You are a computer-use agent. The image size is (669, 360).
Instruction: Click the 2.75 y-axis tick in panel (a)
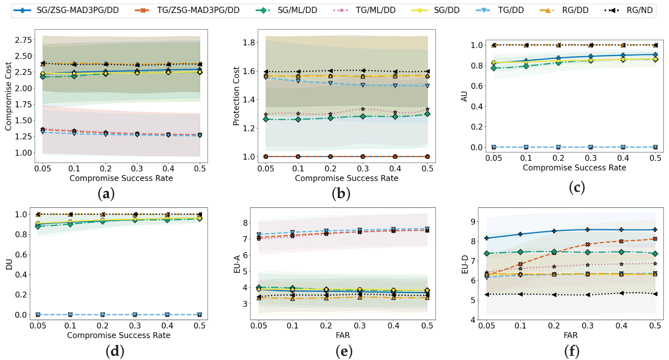(23, 40)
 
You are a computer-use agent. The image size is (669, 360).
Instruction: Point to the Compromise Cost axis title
(8, 96)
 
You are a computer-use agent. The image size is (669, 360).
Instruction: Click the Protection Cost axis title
(236, 96)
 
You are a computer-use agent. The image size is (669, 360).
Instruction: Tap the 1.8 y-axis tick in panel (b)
(249, 42)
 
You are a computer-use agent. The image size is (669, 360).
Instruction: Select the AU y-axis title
(464, 96)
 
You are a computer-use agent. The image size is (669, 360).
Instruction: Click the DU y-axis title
(9, 264)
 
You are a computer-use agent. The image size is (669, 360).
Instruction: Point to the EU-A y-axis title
(237, 264)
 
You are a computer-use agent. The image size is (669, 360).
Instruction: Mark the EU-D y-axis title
(465, 264)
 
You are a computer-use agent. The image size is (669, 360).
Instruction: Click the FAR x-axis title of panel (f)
(570, 335)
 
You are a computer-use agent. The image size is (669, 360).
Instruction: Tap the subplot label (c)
(577, 187)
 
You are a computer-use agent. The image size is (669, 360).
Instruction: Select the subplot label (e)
(344, 351)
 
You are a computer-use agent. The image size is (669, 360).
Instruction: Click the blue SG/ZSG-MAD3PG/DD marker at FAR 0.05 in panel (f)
(487, 238)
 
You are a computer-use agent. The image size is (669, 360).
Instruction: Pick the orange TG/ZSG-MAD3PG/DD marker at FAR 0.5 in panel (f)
(655, 239)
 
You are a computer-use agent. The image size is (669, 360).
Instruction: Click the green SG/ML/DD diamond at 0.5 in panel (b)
(427, 114)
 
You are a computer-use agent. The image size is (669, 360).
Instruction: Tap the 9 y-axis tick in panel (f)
(473, 222)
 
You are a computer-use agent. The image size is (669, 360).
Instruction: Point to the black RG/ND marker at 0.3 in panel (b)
(363, 71)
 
